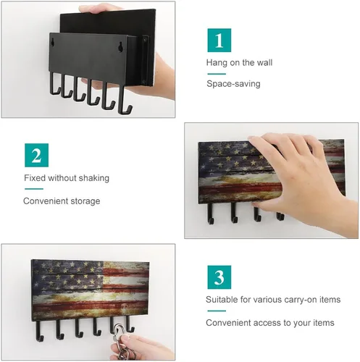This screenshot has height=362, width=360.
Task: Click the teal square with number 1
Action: click(219, 40)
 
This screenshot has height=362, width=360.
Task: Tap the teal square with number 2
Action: click(36, 155)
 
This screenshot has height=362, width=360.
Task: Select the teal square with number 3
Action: click(219, 277)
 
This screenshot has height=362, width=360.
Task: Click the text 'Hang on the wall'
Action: click(239, 62)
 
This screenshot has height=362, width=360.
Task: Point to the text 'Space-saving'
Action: click(233, 84)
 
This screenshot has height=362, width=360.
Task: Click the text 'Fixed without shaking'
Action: click(67, 178)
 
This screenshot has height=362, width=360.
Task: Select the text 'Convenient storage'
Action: click(62, 201)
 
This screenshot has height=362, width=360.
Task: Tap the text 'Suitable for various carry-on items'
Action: click(273, 300)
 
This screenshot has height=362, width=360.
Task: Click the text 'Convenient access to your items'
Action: click(270, 323)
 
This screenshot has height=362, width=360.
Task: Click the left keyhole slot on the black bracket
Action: click(54, 43)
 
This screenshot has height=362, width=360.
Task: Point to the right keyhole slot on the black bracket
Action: click(120, 46)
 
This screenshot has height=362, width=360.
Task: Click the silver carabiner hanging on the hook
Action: click(120, 331)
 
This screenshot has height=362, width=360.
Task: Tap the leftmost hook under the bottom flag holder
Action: click(38, 332)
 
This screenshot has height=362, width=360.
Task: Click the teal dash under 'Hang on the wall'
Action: click(217, 74)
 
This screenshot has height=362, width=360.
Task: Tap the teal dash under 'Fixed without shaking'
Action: click(34, 189)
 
